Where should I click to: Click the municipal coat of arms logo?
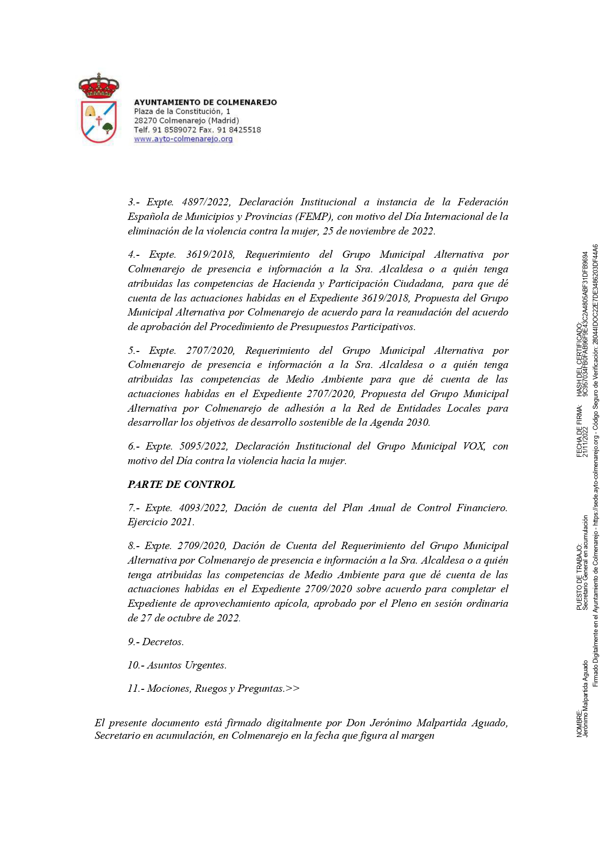click(x=99, y=109)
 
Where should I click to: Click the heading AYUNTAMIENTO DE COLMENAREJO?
click(x=205, y=102)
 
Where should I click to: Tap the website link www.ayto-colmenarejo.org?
click(x=183, y=139)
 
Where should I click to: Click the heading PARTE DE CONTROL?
click(x=181, y=484)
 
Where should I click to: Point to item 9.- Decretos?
click(x=156, y=642)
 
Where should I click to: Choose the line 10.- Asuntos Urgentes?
click(x=177, y=665)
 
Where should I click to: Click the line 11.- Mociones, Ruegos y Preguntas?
click(x=213, y=688)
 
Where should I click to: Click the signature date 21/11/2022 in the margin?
click(x=586, y=442)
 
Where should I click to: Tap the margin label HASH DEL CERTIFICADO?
click(x=579, y=360)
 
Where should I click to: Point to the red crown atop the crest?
click(x=99, y=86)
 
